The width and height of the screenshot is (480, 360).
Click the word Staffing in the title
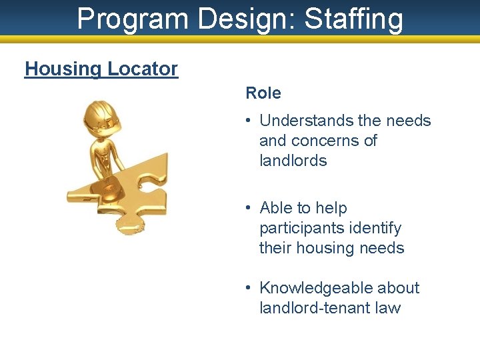pos(354,19)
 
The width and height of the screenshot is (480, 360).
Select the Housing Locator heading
pos(101,69)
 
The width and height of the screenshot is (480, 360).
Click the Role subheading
pos(263,93)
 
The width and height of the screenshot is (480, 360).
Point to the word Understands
pos(307,121)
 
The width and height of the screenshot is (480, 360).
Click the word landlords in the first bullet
pos(293,161)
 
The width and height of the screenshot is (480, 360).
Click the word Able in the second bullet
pos(276,208)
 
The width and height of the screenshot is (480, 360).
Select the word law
pos(388,308)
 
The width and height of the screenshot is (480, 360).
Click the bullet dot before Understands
pos(247,121)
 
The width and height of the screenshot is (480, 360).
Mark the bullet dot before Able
pos(247,208)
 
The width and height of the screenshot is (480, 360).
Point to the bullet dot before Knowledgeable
pos(247,288)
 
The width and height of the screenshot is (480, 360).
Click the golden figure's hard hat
pos(100,115)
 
